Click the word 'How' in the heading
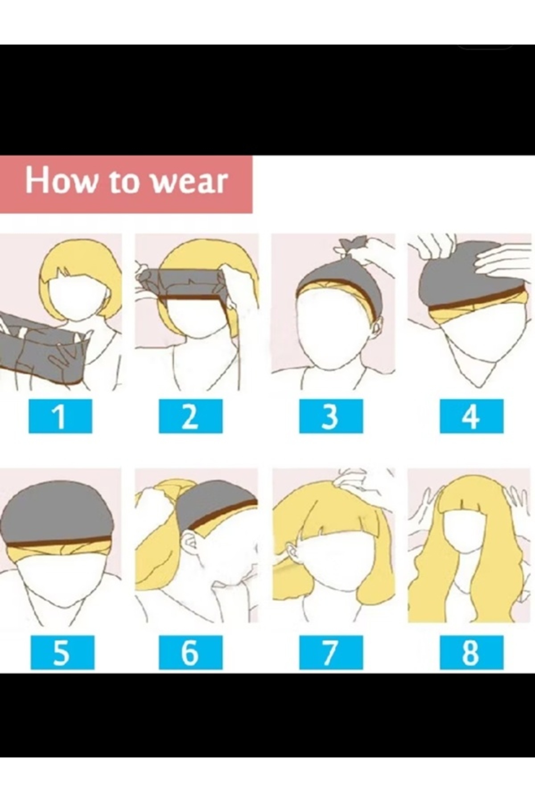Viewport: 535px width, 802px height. click(x=60, y=180)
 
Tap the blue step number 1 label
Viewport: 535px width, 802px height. click(x=60, y=416)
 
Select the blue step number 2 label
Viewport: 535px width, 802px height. click(x=190, y=416)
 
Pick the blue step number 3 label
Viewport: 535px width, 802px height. click(x=331, y=416)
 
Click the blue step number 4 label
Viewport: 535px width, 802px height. click(x=471, y=416)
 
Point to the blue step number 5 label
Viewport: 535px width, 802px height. click(x=62, y=652)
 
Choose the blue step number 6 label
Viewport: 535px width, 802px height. click(x=190, y=652)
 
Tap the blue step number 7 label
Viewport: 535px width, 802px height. click(x=331, y=652)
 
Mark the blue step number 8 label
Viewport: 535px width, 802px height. click(x=471, y=652)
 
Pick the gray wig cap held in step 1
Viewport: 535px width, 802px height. click(x=42, y=348)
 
